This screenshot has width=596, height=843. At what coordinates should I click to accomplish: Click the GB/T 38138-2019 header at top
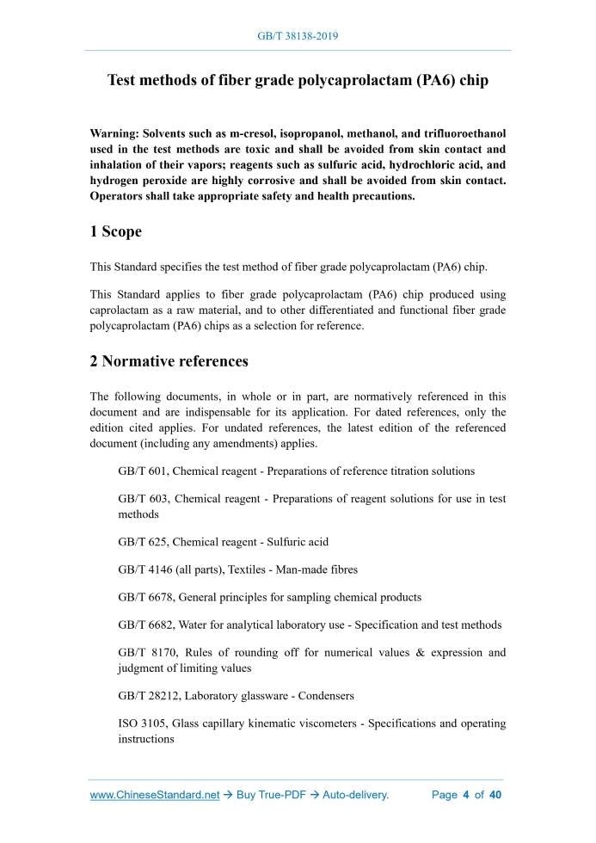(x=298, y=36)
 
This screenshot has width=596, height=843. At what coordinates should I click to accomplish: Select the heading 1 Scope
(x=116, y=231)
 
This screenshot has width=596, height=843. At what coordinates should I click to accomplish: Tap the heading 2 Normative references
(x=169, y=360)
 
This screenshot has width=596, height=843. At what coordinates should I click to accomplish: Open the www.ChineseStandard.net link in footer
(x=155, y=795)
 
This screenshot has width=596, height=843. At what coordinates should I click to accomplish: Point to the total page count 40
(x=495, y=795)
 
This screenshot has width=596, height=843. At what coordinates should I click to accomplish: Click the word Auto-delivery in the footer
(x=355, y=795)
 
